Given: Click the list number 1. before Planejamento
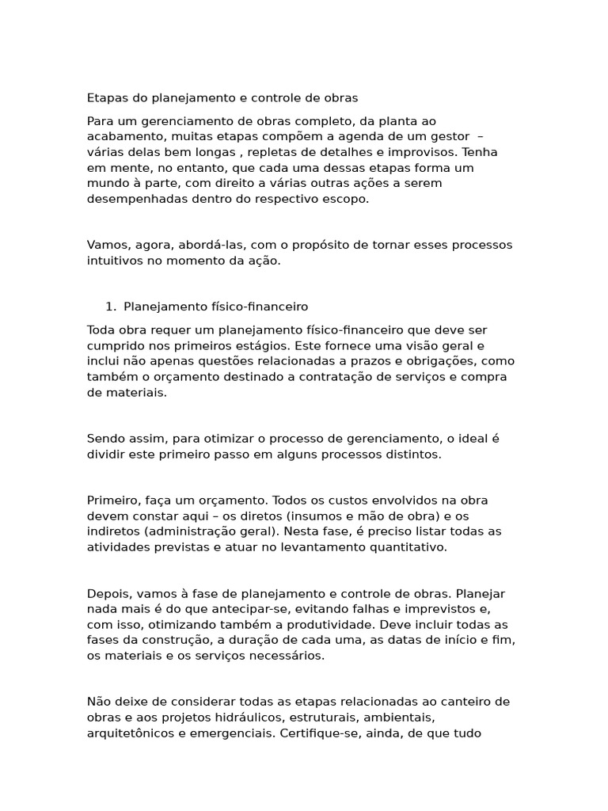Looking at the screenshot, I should (x=111, y=307).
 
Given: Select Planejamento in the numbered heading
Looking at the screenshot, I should (x=163, y=307).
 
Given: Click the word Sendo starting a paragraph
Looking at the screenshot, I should (x=105, y=439).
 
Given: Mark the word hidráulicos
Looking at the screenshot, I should (x=242, y=717).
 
